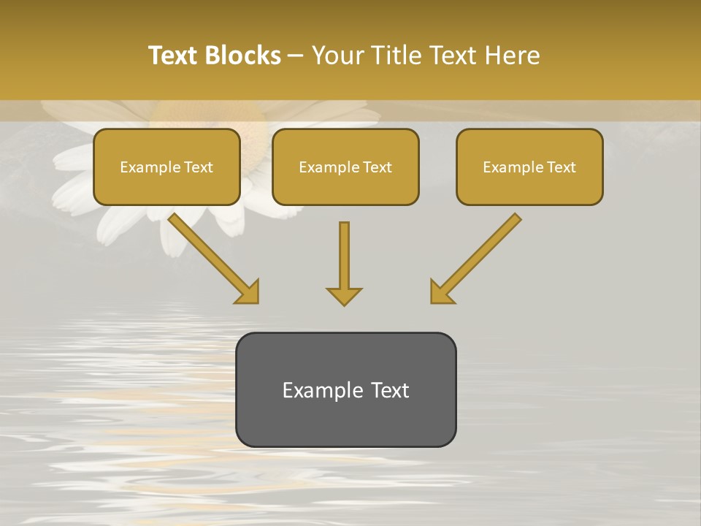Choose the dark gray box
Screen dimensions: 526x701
[x=345, y=424]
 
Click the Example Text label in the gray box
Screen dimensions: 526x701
[x=345, y=390]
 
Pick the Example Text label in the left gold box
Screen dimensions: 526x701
[x=166, y=167]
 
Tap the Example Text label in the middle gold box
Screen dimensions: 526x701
[x=345, y=167]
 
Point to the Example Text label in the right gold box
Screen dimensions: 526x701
[x=529, y=167]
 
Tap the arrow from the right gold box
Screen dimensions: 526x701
[x=482, y=252]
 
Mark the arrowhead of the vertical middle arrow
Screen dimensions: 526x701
[x=344, y=295]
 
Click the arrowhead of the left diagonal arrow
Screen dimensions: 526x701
[x=248, y=292]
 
